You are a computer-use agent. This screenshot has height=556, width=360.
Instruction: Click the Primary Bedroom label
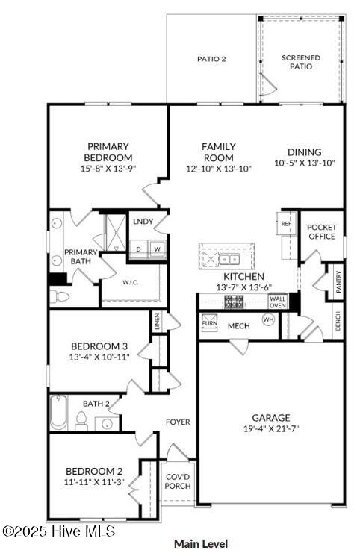[x=109, y=152]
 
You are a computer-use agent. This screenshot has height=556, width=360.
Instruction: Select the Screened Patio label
[x=301, y=62]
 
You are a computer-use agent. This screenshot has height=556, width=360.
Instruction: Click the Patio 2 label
[x=211, y=58]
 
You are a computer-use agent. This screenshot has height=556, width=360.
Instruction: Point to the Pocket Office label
[x=322, y=231]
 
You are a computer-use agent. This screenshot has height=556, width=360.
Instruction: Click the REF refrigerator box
[x=286, y=224]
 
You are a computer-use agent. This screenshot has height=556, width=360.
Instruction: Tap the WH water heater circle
[x=268, y=319]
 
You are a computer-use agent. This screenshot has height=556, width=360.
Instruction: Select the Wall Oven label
[x=277, y=302]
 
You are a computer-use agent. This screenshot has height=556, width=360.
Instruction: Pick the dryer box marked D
[x=138, y=249]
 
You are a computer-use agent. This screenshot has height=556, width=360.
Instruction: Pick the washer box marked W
[x=157, y=249]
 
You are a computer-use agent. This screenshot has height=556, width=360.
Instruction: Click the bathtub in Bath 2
[x=59, y=413]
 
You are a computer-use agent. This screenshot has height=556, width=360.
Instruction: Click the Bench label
[x=338, y=322]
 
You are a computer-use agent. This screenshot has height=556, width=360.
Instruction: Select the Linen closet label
[x=156, y=322]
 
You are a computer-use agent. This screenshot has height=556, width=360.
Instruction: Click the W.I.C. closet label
[x=132, y=282]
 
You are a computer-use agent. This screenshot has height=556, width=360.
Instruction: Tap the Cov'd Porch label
[x=178, y=481]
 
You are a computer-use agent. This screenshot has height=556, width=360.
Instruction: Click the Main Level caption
[x=201, y=543]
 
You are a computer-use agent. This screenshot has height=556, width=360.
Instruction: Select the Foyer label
[x=178, y=422]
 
